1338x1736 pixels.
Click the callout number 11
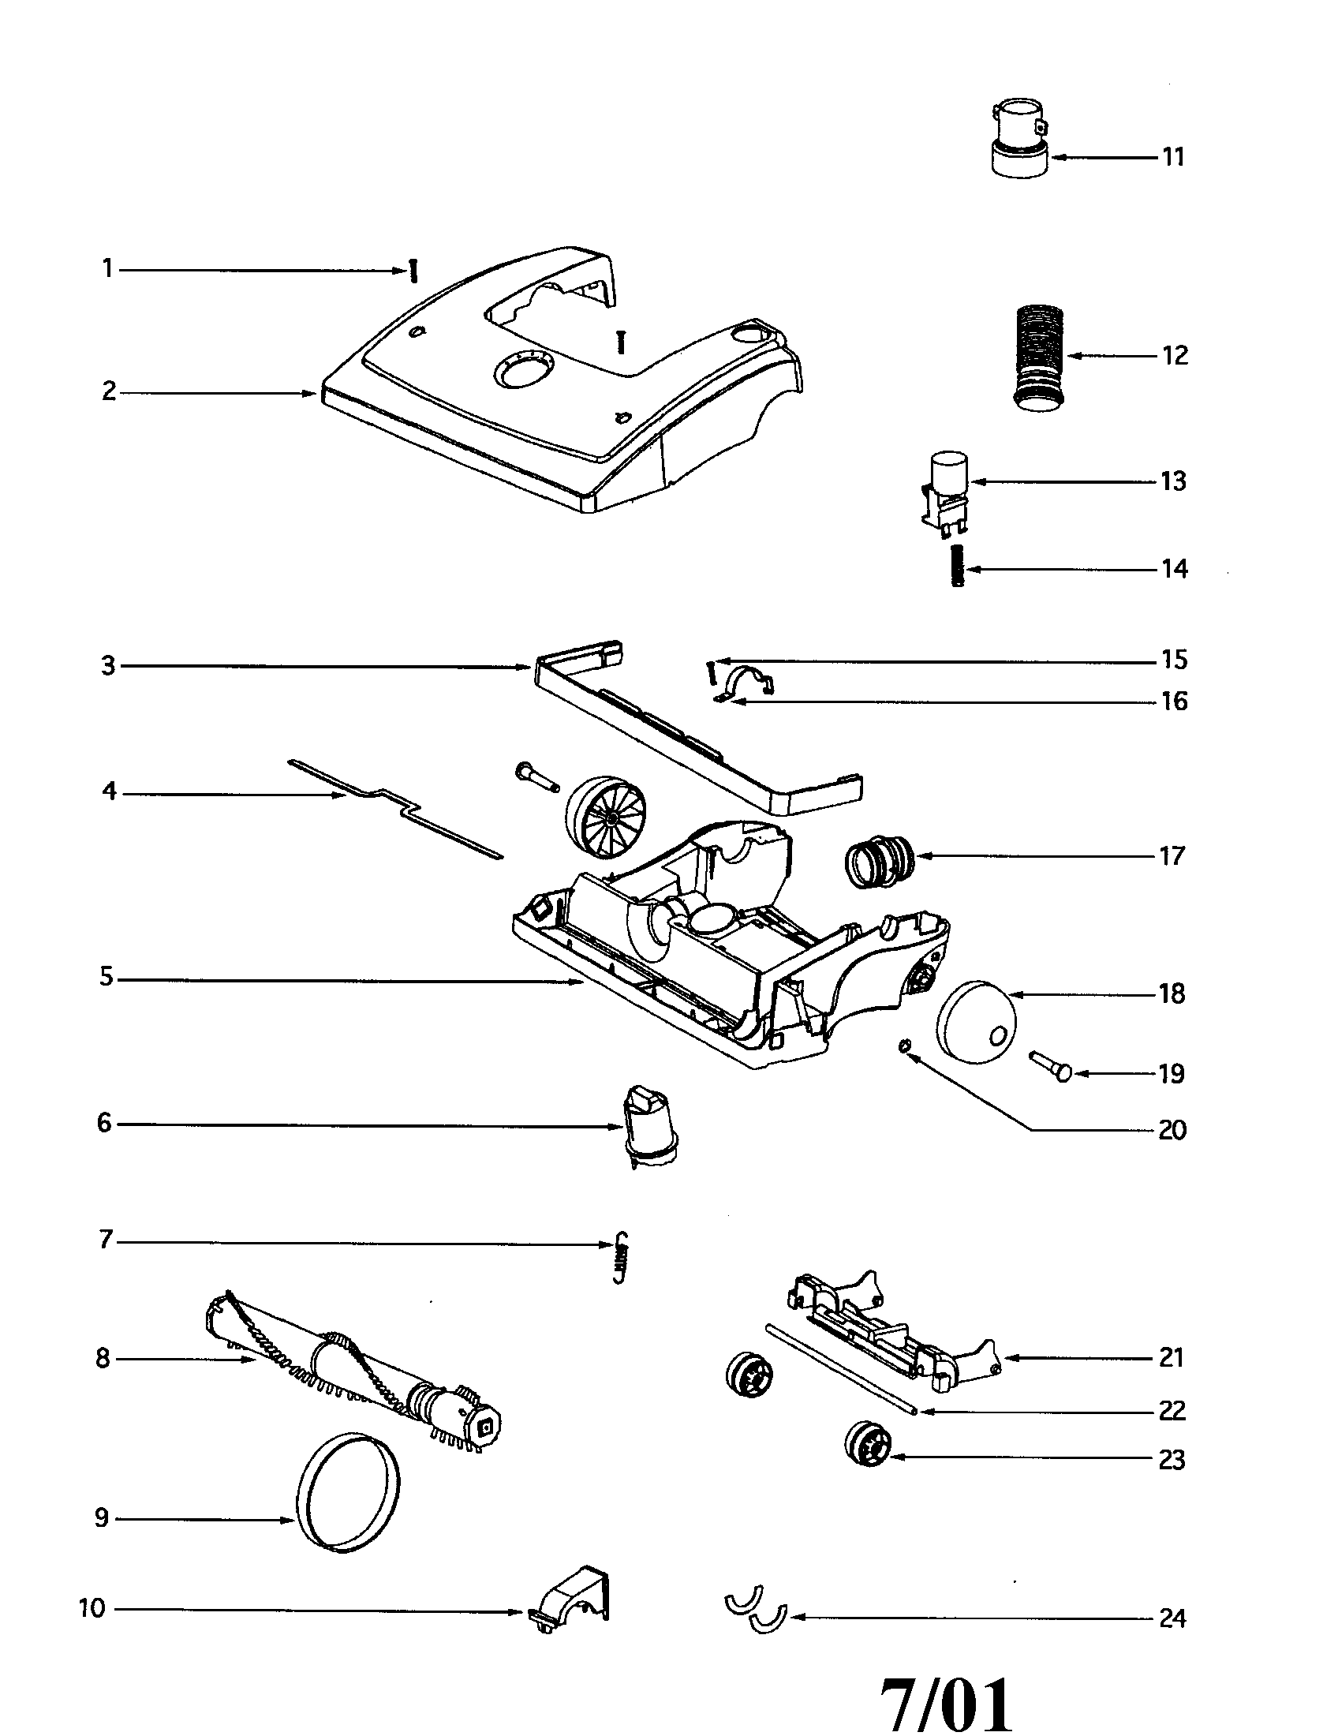[x=1173, y=156]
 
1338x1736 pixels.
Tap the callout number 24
[x=1172, y=1618]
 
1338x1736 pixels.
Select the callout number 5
[x=107, y=976]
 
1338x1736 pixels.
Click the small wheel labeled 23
[x=868, y=1443]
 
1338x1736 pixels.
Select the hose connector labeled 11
[x=1021, y=137]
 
